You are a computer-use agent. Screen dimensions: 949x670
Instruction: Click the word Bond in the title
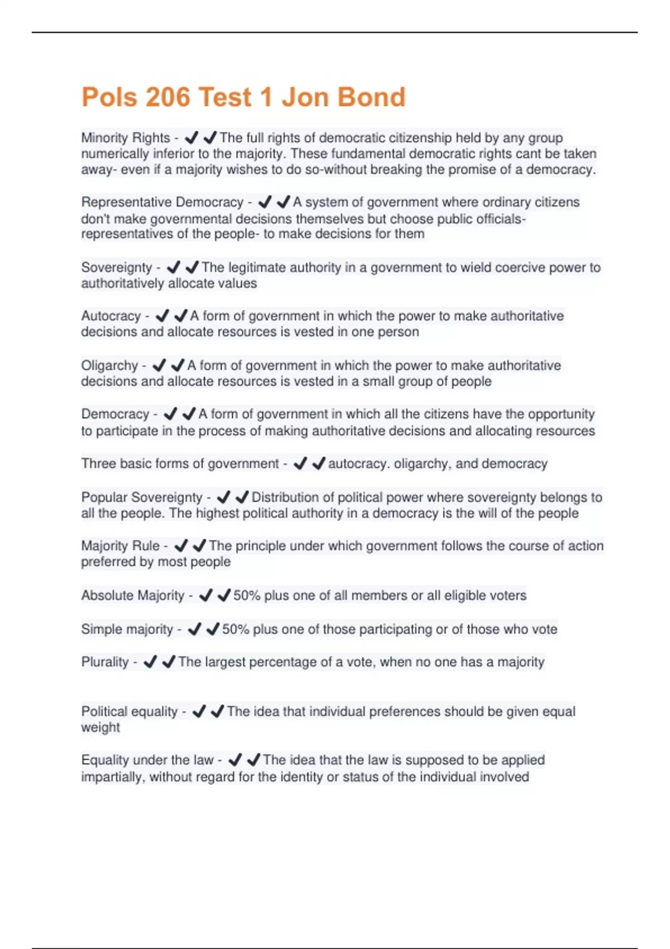click(371, 97)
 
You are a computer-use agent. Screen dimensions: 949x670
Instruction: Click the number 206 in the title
click(167, 97)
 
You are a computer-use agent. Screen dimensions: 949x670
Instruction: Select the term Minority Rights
click(126, 138)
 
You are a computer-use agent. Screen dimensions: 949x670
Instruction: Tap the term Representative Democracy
click(162, 202)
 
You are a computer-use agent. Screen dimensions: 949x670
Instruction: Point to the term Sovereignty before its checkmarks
click(117, 268)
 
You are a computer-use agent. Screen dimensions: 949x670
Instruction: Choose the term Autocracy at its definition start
click(111, 316)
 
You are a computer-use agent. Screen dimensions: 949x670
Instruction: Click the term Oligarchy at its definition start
click(109, 366)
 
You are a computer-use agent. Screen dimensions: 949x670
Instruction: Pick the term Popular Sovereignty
click(142, 497)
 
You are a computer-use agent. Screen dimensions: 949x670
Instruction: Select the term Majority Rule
click(121, 546)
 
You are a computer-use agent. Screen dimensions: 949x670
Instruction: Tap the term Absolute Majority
click(133, 596)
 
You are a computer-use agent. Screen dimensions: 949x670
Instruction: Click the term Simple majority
click(127, 629)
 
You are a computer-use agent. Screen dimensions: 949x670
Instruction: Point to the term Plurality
click(105, 662)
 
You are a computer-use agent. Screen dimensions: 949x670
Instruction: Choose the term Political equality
click(130, 712)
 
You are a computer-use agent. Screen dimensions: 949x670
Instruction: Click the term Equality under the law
click(147, 760)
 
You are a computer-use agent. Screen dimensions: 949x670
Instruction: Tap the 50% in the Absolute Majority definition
click(247, 596)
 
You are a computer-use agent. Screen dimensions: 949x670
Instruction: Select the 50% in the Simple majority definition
click(236, 629)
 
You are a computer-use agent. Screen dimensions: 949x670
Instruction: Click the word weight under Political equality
click(100, 727)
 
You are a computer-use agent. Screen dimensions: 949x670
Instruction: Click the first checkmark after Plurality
click(150, 662)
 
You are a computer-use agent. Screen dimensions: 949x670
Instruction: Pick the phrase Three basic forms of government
click(180, 464)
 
